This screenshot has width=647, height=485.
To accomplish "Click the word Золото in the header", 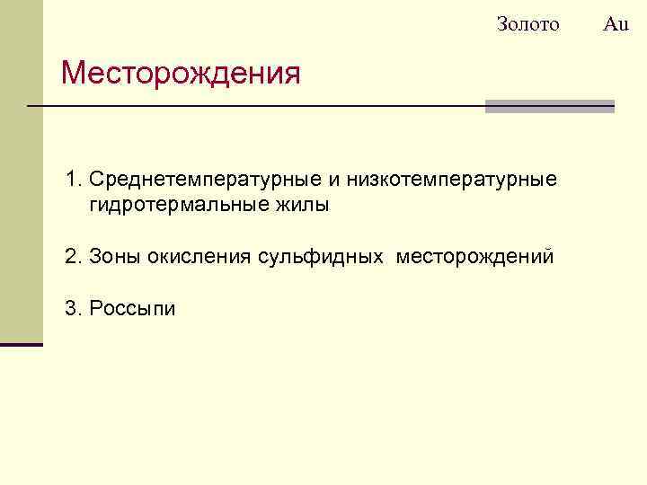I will (527, 24).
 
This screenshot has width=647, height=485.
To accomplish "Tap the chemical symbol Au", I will (616, 24).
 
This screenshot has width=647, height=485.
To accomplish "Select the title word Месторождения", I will (181, 73).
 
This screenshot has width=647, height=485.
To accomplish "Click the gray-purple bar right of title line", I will (549, 106).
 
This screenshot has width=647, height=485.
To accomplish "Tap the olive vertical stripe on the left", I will (21, 171).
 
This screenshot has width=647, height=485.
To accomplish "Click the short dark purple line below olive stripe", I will (21, 344).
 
